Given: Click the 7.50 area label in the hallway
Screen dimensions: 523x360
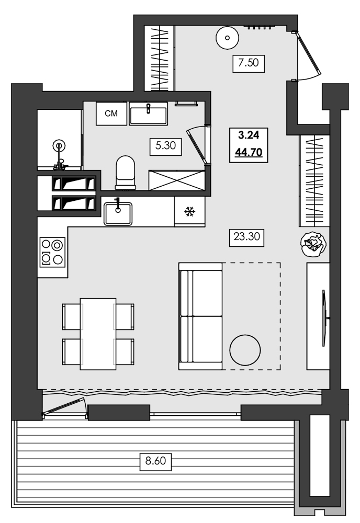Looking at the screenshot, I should [249, 64].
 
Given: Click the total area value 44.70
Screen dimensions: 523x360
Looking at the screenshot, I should [249, 153].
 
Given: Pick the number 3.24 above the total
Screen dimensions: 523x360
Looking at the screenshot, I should [249, 135].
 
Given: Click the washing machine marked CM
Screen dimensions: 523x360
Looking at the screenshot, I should [111, 114].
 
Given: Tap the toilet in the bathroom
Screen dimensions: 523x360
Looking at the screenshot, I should [125, 172].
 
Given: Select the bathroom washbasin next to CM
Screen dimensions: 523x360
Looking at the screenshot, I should [149, 113].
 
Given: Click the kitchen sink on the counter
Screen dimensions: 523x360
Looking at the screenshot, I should [118, 212].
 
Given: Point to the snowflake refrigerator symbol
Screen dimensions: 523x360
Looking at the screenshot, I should [189, 212].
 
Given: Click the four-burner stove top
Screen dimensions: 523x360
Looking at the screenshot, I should [52, 252].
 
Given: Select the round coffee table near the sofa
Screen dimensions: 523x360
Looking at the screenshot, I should [245, 350].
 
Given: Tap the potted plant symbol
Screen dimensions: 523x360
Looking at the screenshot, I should [313, 243].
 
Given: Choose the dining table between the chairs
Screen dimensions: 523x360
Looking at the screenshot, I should [98, 334].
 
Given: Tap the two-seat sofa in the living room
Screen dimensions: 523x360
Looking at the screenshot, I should [200, 316].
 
